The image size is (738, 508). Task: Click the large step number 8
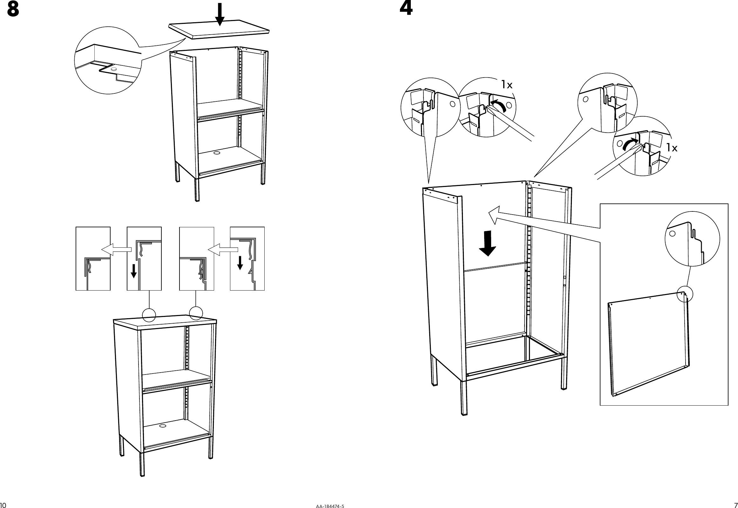point(13,10)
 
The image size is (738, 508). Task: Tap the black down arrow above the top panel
point(220,13)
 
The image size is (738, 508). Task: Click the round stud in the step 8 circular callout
point(113,68)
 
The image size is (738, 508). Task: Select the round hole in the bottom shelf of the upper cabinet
point(217,153)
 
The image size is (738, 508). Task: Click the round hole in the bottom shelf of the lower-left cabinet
point(163,426)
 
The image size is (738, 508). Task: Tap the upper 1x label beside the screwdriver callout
point(507,85)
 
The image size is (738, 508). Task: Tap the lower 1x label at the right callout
point(672,148)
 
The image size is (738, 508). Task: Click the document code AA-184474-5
point(330,506)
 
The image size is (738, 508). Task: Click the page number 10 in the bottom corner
point(3,505)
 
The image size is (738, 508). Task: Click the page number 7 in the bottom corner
point(735,505)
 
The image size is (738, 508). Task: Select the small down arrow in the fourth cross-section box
point(240,263)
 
